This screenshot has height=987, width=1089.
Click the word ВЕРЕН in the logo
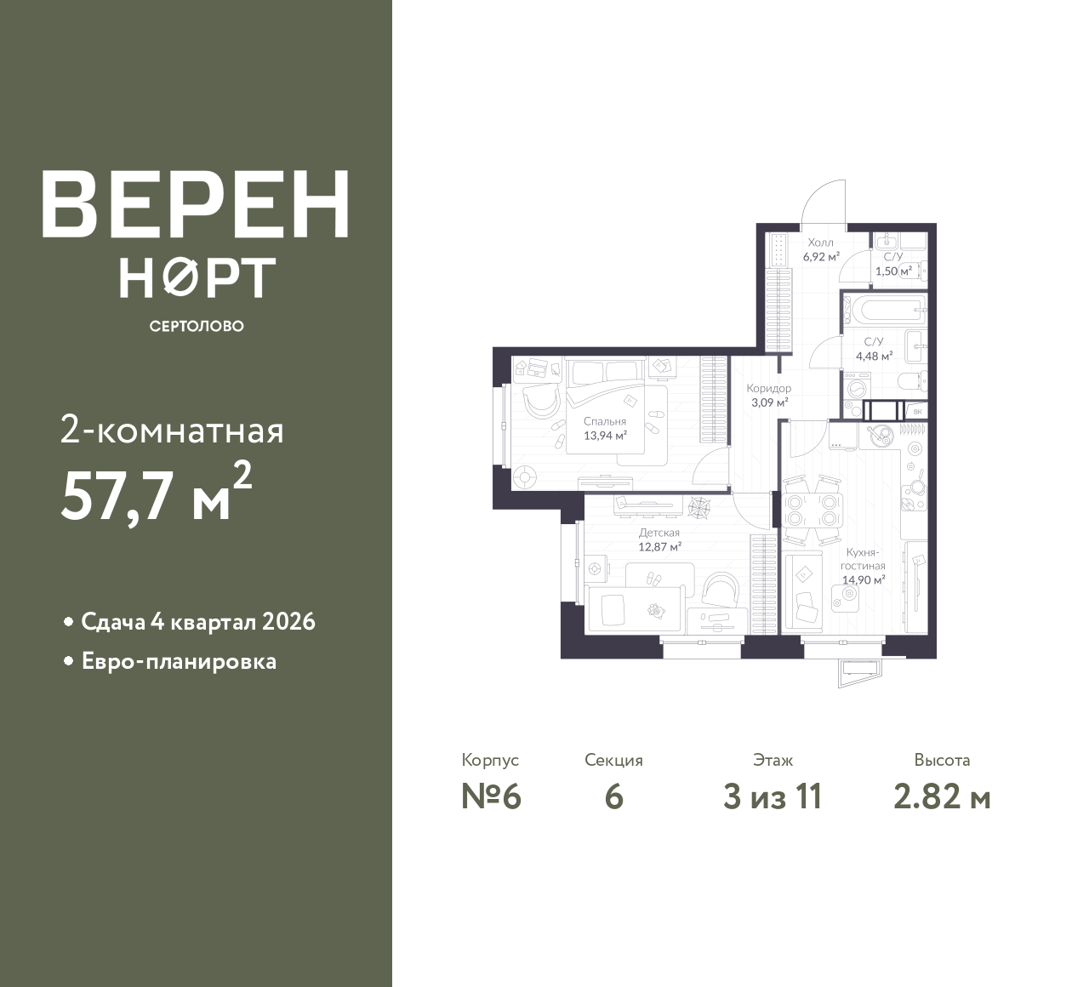pyautogui.click(x=196, y=204)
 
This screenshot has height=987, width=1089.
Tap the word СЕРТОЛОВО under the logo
pyautogui.click(x=197, y=326)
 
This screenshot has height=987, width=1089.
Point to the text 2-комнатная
pyautogui.click(x=172, y=431)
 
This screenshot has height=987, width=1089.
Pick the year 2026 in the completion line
pyautogui.click(x=288, y=622)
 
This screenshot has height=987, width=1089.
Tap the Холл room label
pyautogui.click(x=820, y=242)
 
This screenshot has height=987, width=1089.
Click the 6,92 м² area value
pyautogui.click(x=821, y=257)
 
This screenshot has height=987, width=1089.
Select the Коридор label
pyautogui.click(x=769, y=388)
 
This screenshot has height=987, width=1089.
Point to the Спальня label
pyautogui.click(x=605, y=421)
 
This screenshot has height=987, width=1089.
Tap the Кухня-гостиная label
pyautogui.click(x=864, y=559)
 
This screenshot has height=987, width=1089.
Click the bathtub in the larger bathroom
pyautogui.click(x=884, y=311)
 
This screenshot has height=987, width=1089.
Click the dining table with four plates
pyautogui.click(x=812, y=511)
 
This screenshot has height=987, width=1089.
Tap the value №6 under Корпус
pyautogui.click(x=491, y=797)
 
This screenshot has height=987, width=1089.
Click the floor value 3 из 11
pyautogui.click(x=773, y=797)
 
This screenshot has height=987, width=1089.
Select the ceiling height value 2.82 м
pyautogui.click(x=942, y=797)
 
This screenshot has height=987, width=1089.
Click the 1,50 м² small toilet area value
pyautogui.click(x=893, y=271)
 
